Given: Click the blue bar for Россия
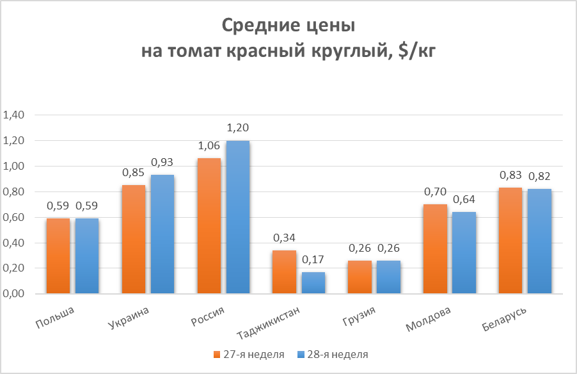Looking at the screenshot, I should [238, 217].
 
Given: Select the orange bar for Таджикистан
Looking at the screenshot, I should [283, 272].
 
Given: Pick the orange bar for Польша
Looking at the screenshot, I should [58, 256].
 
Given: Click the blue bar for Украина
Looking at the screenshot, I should [162, 234].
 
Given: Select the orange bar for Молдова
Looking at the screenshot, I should [436, 249].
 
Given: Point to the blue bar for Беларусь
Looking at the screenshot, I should [539, 241].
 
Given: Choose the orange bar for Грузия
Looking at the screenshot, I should [360, 277].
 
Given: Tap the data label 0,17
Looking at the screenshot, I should [313, 259].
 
